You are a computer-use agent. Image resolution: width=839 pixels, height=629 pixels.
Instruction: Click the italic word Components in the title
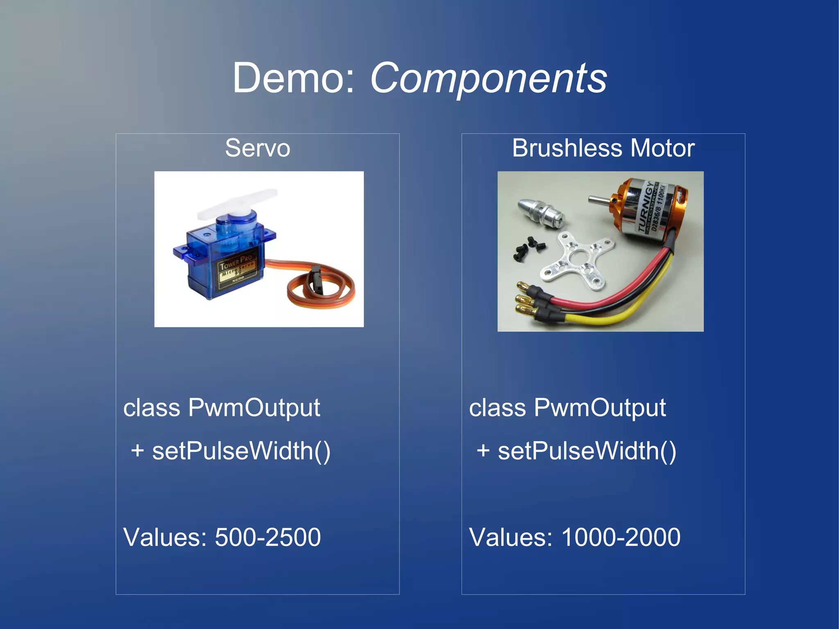click(488, 79)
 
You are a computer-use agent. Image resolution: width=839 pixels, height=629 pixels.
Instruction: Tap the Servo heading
click(257, 148)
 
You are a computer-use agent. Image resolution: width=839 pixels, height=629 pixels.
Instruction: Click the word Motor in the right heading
click(662, 148)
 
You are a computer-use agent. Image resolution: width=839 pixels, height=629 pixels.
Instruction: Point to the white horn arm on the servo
click(238, 203)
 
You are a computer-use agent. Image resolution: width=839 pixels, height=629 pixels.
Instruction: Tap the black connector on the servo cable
click(317, 279)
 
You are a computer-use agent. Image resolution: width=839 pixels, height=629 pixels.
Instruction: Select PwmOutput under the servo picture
click(254, 408)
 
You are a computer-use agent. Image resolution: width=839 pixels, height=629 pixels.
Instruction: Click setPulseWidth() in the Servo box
click(241, 451)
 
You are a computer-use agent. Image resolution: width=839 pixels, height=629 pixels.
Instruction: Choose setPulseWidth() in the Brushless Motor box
click(587, 451)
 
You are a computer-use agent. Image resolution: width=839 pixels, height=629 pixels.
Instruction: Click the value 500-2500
click(268, 537)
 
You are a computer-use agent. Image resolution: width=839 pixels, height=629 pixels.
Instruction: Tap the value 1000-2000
click(621, 537)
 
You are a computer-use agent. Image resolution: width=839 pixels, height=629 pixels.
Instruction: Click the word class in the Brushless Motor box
click(497, 408)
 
